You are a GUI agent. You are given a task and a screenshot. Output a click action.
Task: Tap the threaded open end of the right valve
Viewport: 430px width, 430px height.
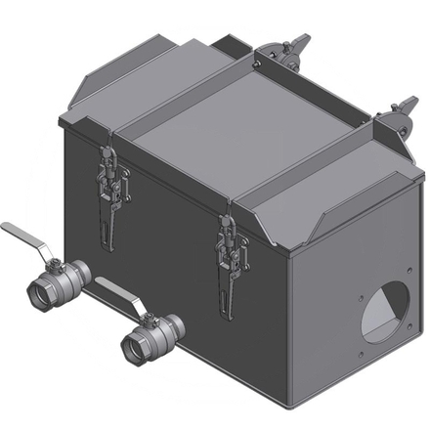pos(133,344)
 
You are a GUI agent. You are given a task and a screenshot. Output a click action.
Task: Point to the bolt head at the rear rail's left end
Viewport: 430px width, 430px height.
pos(260,59)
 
